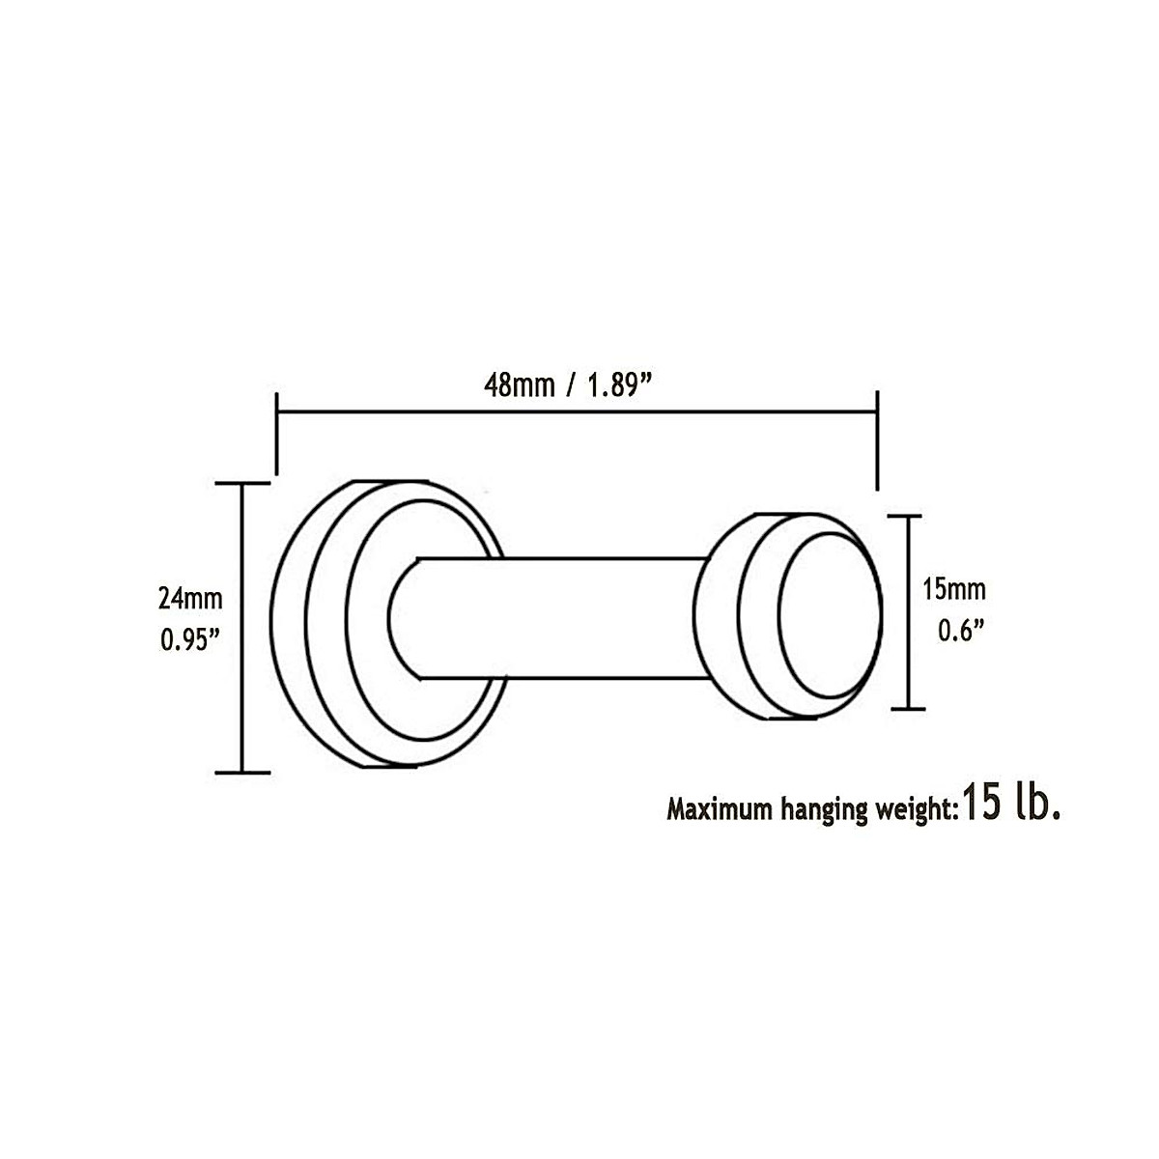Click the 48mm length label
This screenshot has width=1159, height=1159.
coord(519,385)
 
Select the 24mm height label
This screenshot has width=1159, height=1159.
coord(190,599)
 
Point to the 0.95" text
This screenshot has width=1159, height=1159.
coord(189,640)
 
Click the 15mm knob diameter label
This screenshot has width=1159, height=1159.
coord(954,589)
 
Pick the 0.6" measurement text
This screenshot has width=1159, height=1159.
coord(961,631)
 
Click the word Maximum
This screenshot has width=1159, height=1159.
coord(719,809)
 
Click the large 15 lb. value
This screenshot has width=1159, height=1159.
coord(1011,805)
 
